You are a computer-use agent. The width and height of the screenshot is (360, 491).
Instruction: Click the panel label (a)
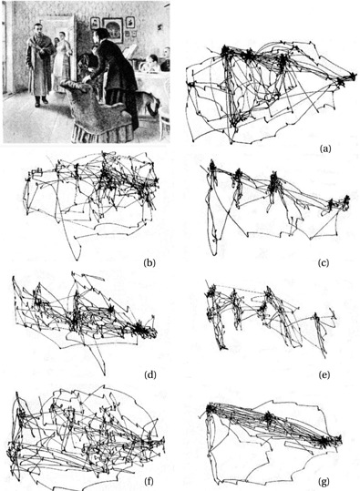pyautogui.click(x=324, y=148)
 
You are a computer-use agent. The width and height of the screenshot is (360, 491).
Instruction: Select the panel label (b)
pyautogui.click(x=149, y=262)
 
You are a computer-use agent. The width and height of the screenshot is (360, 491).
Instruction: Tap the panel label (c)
pyautogui.click(x=324, y=262)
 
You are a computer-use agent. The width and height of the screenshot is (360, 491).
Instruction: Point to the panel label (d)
pyautogui.click(x=150, y=374)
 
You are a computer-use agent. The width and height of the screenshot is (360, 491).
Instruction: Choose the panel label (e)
pyautogui.click(x=324, y=374)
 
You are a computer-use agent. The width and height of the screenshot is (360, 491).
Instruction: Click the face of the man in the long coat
pyautogui.click(x=38, y=28)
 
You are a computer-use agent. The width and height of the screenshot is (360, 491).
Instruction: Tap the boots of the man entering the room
pyautogui.click(x=41, y=101)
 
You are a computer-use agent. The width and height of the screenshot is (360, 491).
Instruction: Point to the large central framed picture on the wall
pyautogui.click(x=112, y=30)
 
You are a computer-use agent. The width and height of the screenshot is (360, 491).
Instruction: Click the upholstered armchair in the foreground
pyautogui.click(x=97, y=109)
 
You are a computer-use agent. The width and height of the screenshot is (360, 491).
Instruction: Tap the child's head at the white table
pyautogui.click(x=153, y=59)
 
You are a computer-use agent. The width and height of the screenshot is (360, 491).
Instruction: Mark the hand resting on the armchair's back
pyautogui.click(x=86, y=79)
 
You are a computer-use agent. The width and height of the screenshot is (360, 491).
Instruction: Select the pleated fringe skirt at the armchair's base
pyautogui.click(x=102, y=133)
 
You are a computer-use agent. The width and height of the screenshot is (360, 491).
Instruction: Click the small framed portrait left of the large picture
pyautogui.click(x=95, y=23)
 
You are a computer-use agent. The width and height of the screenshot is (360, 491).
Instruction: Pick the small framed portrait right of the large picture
pyautogui.click(x=130, y=22)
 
